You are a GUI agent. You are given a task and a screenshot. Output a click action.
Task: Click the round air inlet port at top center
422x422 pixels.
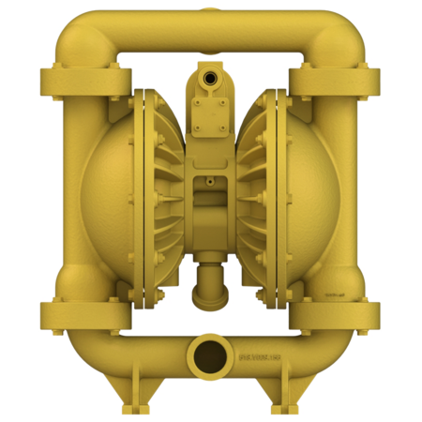211,72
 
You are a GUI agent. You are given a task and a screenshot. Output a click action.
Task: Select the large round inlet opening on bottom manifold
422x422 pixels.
210,355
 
